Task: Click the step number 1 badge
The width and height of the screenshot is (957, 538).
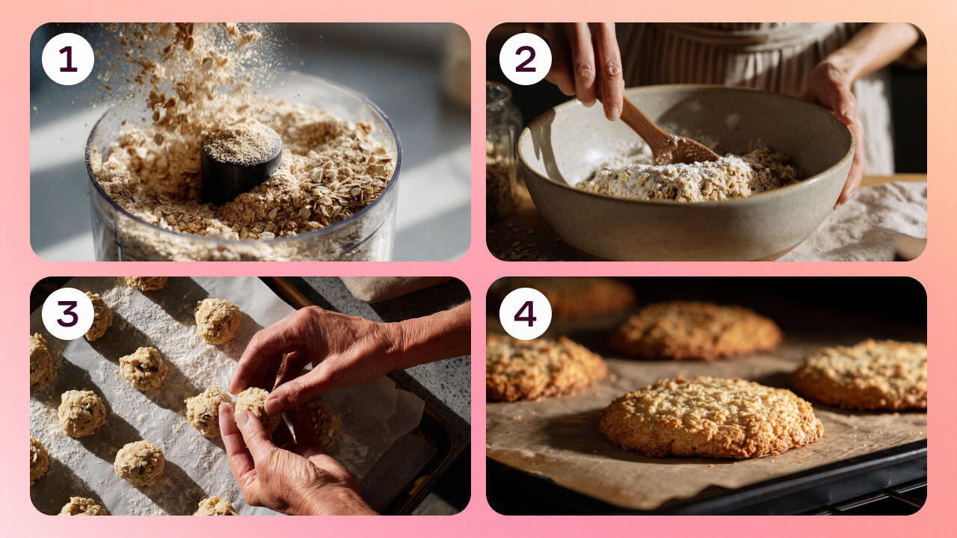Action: pos(68,59)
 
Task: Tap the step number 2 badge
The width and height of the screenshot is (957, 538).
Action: pos(526,59)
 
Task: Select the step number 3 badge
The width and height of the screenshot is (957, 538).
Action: pos(68,314)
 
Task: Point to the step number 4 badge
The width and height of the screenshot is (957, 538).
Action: pos(526,314)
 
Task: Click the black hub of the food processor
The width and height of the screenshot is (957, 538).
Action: pos(241,162)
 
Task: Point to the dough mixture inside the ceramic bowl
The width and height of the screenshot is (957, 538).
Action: pos(688,175)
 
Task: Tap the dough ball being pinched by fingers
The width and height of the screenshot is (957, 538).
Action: pos(255,406)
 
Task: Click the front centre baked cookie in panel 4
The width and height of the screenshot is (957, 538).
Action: pos(710,416)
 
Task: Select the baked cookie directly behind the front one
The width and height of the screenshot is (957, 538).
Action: pos(695,330)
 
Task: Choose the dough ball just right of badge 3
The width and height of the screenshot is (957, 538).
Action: pos(99,316)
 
